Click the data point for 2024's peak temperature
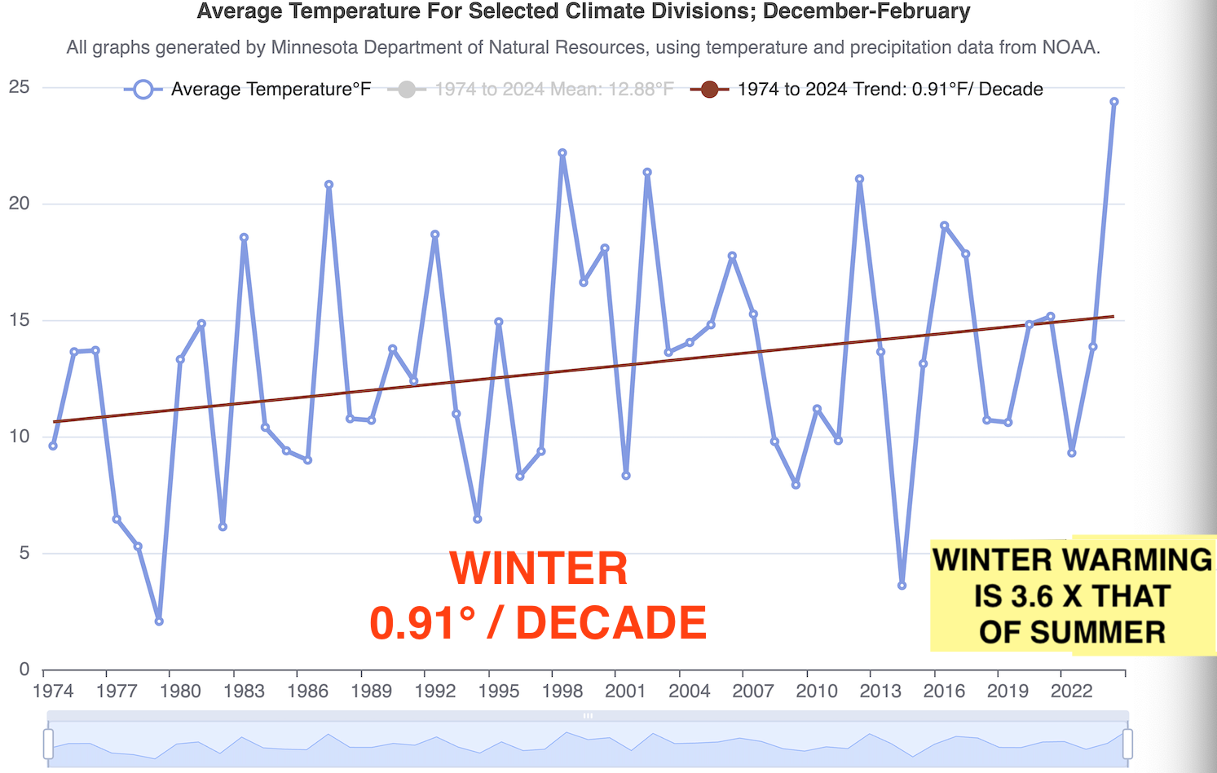1113,102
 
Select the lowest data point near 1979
159,621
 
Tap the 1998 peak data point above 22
562,153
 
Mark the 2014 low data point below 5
902,586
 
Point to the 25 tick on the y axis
20,86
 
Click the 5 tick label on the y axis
24,554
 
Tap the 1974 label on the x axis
53,692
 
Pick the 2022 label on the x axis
1071,692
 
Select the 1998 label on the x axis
562,692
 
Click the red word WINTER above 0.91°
539,569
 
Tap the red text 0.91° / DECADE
538,623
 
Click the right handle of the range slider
1127,743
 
